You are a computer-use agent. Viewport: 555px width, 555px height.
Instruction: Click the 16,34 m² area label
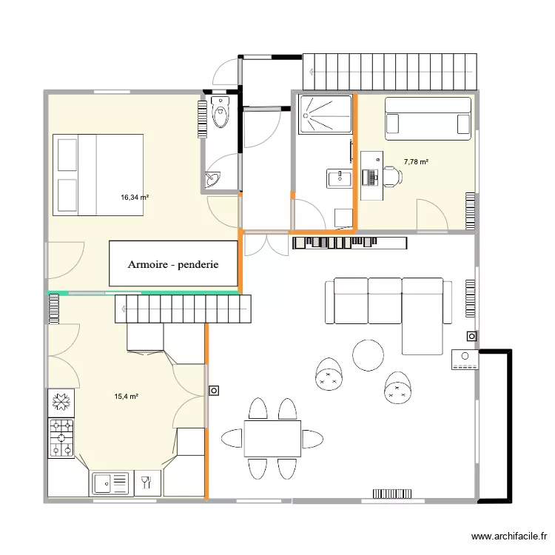pos(135,198)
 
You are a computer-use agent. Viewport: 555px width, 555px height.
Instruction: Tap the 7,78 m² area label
pos(416,161)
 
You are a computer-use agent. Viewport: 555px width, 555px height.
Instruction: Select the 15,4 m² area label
pos(127,397)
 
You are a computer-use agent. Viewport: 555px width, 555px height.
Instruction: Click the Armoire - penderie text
pos(173,264)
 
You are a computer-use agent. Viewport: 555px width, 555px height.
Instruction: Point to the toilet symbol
pos(221,112)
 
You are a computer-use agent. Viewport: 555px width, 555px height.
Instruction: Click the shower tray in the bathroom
pos(325,115)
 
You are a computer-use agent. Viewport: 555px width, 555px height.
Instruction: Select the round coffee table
pos(368,354)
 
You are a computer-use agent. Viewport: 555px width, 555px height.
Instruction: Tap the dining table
pos(272,439)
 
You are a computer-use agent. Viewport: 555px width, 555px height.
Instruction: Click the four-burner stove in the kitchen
pos(61,437)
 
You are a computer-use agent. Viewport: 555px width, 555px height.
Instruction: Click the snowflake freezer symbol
pos(61,403)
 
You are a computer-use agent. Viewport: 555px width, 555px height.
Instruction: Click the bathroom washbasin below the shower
pos(340,177)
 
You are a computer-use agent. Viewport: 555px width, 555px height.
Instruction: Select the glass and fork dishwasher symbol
pos(147,484)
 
